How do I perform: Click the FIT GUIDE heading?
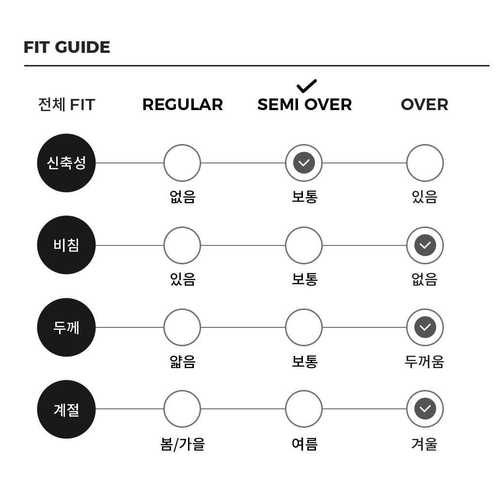pos(67,47)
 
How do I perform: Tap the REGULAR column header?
pos(183,105)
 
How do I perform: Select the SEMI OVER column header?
pos(304,105)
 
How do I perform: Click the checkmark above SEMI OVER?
pos(307,86)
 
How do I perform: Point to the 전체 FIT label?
pos(66,105)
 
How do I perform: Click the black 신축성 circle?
pos(66,163)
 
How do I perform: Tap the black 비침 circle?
pos(66,245)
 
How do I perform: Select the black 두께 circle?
pos(66,327)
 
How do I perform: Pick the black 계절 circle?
pos(66,409)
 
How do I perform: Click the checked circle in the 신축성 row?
pos(304,163)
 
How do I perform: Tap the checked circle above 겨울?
pos(425,409)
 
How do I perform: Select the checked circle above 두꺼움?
pos(425,327)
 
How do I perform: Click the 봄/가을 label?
pos(183,444)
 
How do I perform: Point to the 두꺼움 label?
pos(425,361)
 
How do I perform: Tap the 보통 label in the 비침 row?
pos(304,279)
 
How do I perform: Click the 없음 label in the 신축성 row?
pos(183,197)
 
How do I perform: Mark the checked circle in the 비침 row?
pos(425,245)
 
